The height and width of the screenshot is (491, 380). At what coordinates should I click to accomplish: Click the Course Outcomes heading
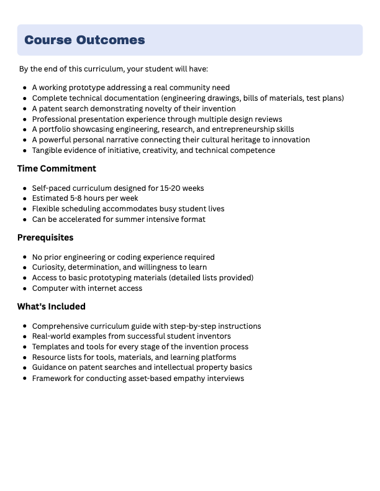click(84, 40)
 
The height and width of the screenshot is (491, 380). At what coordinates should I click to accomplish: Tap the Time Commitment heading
click(57, 168)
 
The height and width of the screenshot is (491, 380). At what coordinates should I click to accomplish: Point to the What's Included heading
click(51, 306)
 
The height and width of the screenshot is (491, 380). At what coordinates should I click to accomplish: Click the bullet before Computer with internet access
click(24, 288)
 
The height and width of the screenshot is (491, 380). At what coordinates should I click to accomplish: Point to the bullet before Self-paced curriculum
click(24, 188)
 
